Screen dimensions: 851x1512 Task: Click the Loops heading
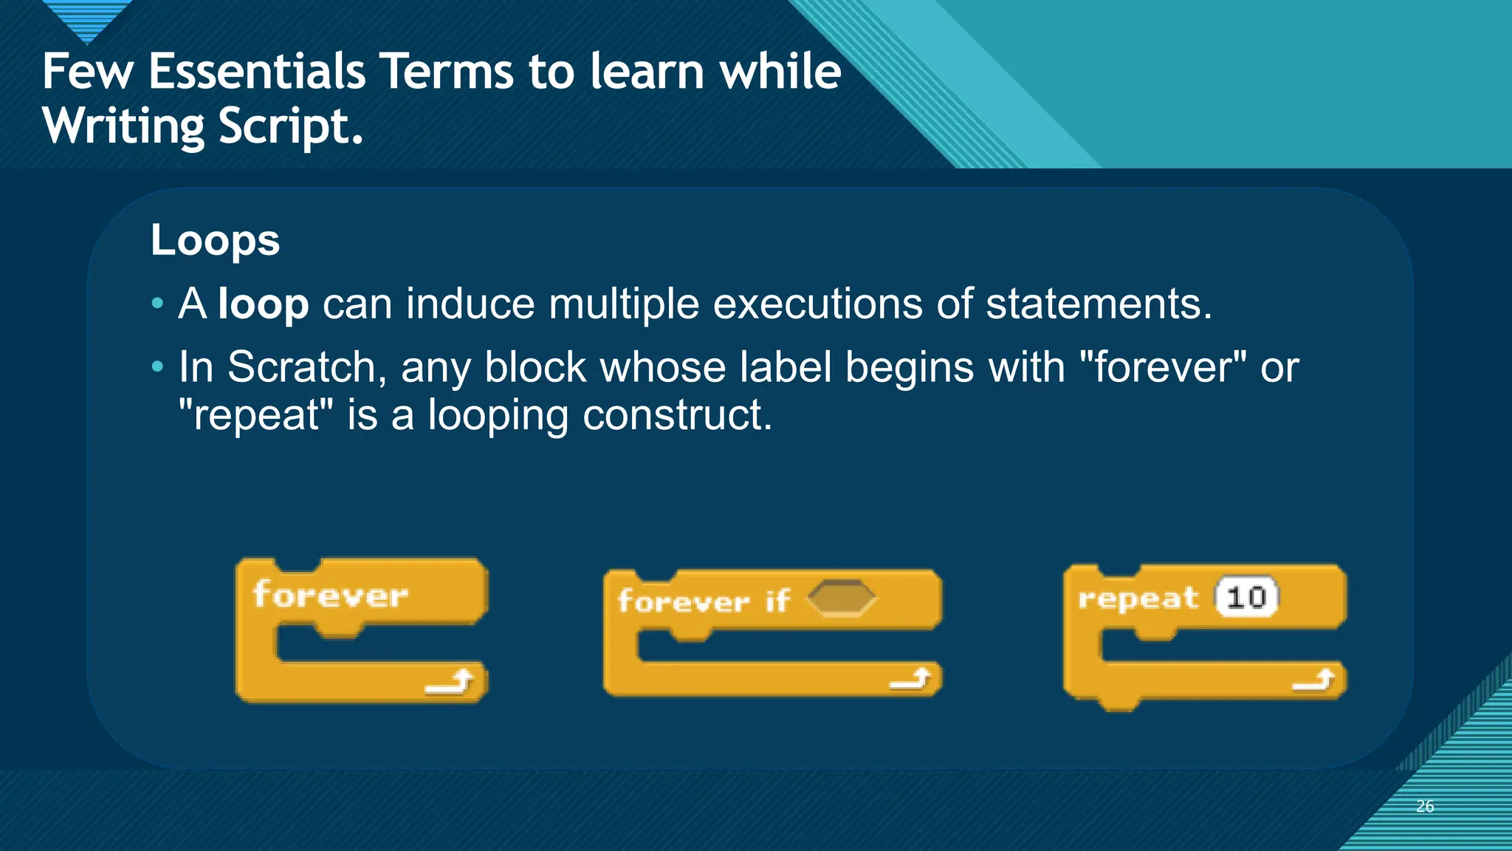coord(215,240)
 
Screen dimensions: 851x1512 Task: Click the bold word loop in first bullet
coord(263,304)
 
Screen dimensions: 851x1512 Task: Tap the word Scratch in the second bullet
coord(306,367)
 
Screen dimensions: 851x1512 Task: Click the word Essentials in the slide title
coord(257,72)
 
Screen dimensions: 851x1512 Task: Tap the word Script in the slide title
coord(291,126)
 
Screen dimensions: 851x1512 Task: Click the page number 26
coord(1425,806)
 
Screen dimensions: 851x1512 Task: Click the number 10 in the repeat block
coord(1247,597)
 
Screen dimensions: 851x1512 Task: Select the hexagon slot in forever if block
coord(841,598)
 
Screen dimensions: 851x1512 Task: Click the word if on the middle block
coord(777,601)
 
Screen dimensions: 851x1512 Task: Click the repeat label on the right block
coord(1138,598)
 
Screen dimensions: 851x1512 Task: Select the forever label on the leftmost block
coord(329,595)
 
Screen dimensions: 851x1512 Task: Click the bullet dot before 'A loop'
coord(157,304)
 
